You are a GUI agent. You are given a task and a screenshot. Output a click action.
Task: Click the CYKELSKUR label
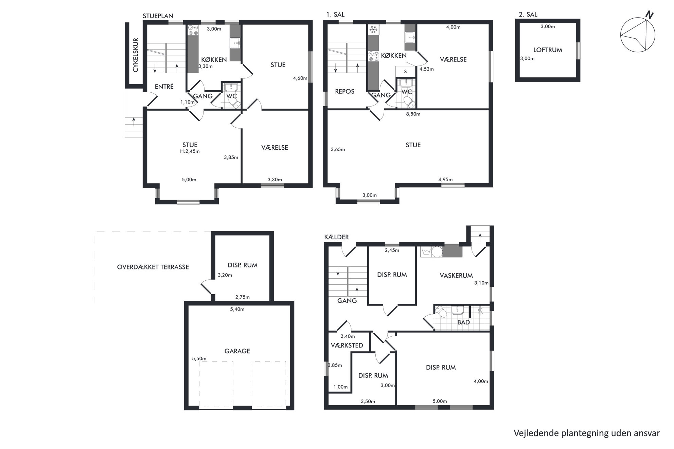point(136,55)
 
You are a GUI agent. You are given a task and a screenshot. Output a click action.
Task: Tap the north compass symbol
point(638,35)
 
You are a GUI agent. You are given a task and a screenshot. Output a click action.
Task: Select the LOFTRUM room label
point(548,50)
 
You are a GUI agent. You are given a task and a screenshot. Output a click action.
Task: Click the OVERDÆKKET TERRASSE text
point(153,267)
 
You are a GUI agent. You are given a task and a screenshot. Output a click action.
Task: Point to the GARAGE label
point(237,351)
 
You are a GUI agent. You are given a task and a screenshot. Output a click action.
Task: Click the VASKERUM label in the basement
point(456,276)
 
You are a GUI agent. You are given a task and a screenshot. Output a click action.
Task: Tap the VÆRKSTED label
point(347,345)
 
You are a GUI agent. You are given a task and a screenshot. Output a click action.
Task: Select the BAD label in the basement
point(463,322)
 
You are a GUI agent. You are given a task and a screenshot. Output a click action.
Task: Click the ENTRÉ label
point(164,87)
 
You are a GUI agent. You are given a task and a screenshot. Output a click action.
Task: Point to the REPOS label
point(344,91)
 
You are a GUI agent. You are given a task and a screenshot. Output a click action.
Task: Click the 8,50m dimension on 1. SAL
point(413,114)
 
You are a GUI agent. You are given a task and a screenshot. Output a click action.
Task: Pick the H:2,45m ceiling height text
point(190,151)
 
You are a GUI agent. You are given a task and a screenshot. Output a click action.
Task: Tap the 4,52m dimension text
point(427,69)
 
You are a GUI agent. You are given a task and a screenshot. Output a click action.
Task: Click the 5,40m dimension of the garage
point(237,309)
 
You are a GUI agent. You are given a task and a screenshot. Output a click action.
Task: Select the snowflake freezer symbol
point(373,30)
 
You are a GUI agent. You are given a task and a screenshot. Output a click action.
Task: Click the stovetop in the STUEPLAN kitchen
point(193,31)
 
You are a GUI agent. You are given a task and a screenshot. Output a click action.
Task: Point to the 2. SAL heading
point(528,15)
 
